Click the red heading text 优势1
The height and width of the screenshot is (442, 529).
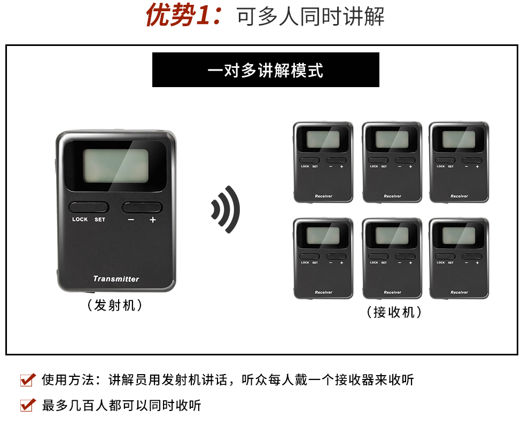[184, 16]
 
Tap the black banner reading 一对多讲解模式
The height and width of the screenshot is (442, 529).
[266, 70]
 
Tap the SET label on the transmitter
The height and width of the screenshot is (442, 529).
[100, 220]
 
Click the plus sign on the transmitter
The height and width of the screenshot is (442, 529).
[153, 220]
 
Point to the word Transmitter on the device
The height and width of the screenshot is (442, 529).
[116, 278]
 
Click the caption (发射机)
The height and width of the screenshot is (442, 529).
[115, 306]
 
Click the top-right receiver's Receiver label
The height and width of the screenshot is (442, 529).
[459, 196]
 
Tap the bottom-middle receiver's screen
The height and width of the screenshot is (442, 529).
[392, 236]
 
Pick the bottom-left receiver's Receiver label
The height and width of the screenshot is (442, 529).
[323, 292]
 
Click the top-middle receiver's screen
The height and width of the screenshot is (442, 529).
[392, 140]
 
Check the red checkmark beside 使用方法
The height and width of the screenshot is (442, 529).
[27, 380]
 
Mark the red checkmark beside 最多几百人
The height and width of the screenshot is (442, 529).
[27, 405]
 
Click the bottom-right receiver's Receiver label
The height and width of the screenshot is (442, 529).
[459, 292]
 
